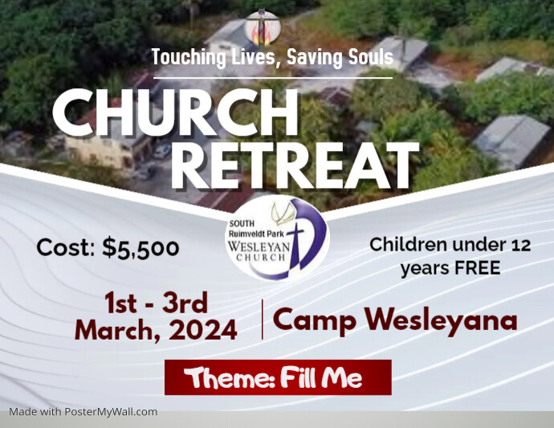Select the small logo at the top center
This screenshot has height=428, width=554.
(x=262, y=27)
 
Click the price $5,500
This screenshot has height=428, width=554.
(x=141, y=248)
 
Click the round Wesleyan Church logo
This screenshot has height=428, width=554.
(x=276, y=237)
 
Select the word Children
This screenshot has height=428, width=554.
(x=409, y=245)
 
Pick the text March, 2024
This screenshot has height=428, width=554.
(x=156, y=329)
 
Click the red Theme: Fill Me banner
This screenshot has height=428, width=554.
(x=278, y=377)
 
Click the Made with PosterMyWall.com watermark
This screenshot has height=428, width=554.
(x=84, y=412)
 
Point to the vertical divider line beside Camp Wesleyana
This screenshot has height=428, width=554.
(x=263, y=319)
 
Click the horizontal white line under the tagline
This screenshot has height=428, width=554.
(x=273, y=78)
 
